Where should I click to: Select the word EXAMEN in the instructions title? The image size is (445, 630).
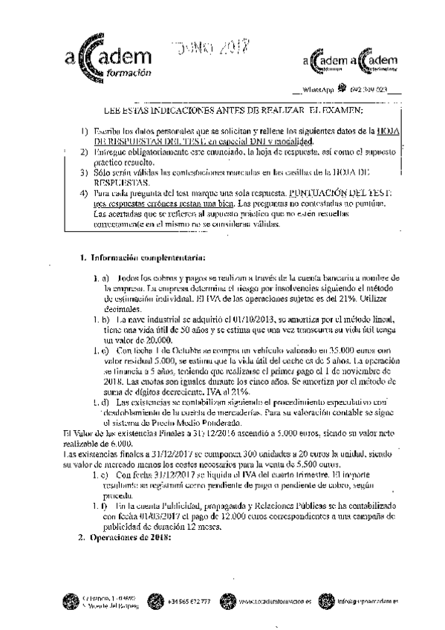point(342,111)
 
